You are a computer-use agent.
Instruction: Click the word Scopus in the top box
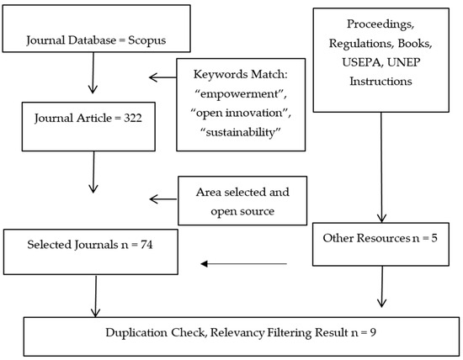146,40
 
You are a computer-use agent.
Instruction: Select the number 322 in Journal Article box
132,118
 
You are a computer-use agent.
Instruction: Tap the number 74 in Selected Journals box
146,245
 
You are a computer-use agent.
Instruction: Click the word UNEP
403,62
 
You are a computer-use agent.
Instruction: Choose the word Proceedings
381,24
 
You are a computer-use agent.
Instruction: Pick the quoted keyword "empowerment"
241,94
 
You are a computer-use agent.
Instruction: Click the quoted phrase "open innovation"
241,113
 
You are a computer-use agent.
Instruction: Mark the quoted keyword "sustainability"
240,132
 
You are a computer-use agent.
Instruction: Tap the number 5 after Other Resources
434,238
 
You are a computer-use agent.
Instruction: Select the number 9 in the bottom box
373,332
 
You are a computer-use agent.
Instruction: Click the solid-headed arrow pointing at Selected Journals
243,264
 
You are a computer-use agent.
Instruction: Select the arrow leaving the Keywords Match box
162,77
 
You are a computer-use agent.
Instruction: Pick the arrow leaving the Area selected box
163,199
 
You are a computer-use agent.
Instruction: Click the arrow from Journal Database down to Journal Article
93,73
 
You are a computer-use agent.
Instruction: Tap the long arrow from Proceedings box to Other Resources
381,167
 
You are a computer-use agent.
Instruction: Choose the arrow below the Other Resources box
382,287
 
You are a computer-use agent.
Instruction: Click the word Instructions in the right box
381,81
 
